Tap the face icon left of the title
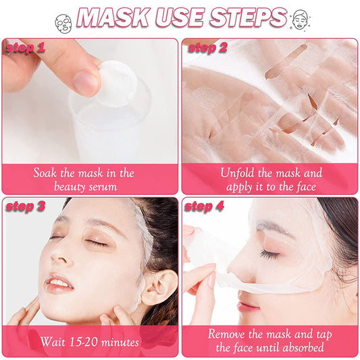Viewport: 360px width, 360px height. pyautogui.click(x=62, y=22)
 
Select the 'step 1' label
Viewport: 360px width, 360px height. pyautogui.click(x=25, y=48)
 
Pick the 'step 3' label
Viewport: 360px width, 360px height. pyautogui.click(x=26, y=206)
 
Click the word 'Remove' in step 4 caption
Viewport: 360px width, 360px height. pyautogui.click(x=229, y=334)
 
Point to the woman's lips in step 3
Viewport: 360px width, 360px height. pyautogui.click(x=59, y=283)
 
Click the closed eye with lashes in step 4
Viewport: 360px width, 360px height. pyautogui.click(x=270, y=255)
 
